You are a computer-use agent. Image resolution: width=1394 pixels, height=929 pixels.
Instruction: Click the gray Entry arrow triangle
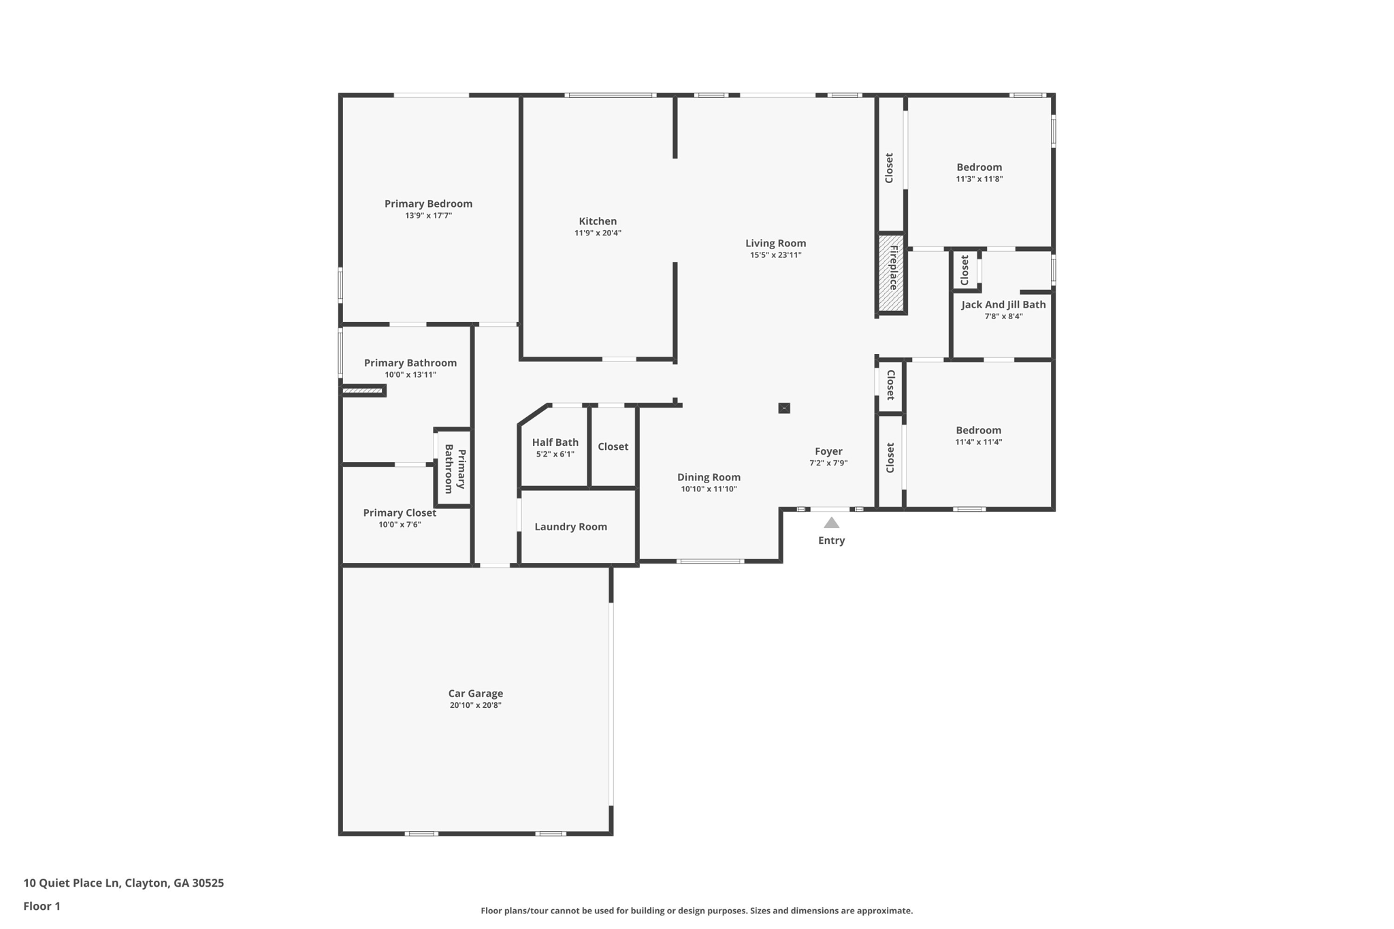(831, 523)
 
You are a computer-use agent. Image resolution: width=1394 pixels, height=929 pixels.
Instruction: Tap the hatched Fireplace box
(891, 273)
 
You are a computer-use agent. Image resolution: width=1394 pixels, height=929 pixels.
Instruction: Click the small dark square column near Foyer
(784, 408)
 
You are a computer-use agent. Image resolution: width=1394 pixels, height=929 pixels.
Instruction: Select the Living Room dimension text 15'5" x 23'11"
(775, 255)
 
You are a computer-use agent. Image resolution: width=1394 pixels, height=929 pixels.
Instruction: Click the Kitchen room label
(598, 221)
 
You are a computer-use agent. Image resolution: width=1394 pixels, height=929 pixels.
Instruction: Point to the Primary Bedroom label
(428, 203)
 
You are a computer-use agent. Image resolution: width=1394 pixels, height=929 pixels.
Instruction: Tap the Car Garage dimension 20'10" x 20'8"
(475, 705)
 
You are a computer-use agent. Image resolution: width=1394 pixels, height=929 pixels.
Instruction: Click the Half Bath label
(555, 442)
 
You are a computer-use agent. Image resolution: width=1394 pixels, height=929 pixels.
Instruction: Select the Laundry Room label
(570, 527)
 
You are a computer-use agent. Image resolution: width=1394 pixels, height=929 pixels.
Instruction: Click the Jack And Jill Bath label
(1003, 305)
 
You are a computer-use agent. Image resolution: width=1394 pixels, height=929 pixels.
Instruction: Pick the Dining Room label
(709, 478)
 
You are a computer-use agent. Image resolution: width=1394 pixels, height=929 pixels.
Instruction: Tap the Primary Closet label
(400, 513)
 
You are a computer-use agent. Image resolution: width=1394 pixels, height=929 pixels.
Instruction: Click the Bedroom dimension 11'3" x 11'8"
(979, 179)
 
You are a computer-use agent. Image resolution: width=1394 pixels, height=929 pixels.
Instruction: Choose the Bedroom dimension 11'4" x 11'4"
(978, 442)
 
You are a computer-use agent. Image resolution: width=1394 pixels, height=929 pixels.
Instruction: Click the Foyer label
(828, 451)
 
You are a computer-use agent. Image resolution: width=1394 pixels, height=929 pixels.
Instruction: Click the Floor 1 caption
(42, 906)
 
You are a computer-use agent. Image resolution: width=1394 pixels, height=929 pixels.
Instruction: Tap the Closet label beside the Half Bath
(613, 446)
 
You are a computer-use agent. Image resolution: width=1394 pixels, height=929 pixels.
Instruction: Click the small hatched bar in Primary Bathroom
(362, 391)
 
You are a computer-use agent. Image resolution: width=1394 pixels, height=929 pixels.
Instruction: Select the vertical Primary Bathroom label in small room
(455, 469)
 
